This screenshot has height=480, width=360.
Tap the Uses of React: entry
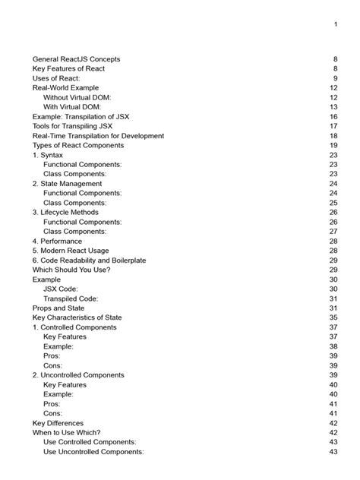click(56, 78)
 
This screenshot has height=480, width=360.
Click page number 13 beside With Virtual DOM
click(333, 107)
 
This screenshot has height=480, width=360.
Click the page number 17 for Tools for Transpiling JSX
click(333, 126)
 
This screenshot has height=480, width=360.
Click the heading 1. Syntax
click(48, 155)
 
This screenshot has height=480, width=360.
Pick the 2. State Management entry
click(67, 184)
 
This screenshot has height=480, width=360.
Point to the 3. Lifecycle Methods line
click(68, 213)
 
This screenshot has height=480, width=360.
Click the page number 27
click(333, 232)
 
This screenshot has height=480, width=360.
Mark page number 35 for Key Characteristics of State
click(333, 317)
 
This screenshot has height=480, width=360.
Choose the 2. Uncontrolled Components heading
click(78, 375)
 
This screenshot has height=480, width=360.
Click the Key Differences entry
click(58, 423)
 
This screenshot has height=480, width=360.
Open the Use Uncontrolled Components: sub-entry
click(93, 452)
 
